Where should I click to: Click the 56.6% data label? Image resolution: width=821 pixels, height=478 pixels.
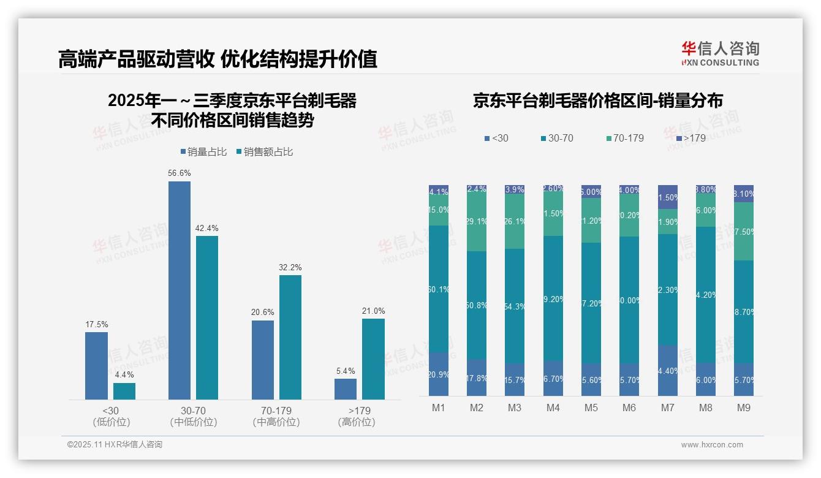click(179, 173)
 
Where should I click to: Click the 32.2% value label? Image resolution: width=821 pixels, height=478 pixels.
click(290, 268)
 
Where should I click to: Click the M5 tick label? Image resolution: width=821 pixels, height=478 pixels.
click(591, 408)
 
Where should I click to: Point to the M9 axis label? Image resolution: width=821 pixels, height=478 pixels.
click(743, 408)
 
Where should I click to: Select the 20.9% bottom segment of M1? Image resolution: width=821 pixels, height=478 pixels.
click(439, 374)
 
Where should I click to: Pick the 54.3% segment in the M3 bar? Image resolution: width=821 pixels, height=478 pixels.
click(514, 306)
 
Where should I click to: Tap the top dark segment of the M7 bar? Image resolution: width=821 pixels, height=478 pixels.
click(668, 197)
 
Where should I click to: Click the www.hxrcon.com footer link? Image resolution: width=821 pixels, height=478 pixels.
click(712, 445)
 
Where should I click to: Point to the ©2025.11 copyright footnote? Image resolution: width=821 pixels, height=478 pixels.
click(115, 445)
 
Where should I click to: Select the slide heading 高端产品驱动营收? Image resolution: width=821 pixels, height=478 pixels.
click(135, 59)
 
